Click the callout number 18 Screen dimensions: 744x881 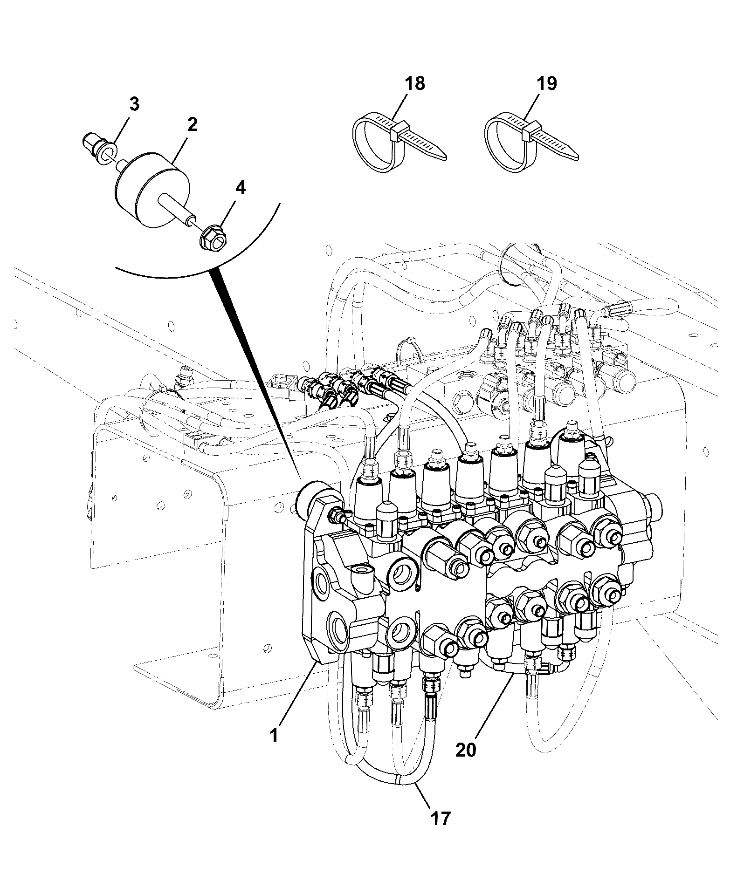[415, 83]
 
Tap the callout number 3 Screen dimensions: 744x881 [134, 104]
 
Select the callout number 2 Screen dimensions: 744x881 [192, 124]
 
